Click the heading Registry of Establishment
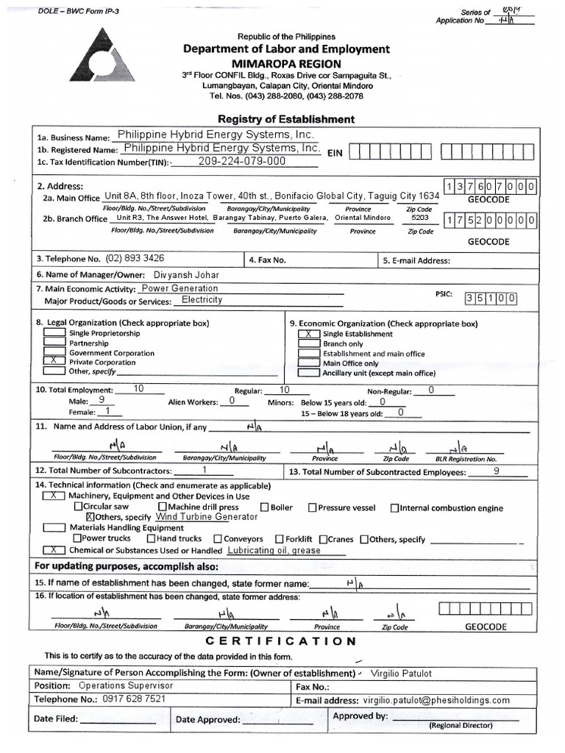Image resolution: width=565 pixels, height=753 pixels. pyautogui.click(x=285, y=119)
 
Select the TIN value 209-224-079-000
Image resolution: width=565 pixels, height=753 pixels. pyautogui.click(x=242, y=162)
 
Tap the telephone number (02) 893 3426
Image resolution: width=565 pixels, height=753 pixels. pyautogui.click(x=135, y=259)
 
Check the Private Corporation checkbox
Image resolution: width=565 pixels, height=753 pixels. pyautogui.click(x=54, y=362)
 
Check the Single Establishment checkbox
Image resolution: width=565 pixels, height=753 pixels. pyautogui.click(x=308, y=334)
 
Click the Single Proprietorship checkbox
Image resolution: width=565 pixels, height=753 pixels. pyautogui.click(x=54, y=333)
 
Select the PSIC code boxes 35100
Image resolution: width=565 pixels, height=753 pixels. pyautogui.click(x=490, y=299)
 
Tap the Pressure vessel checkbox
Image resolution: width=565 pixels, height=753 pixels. pyautogui.click(x=312, y=507)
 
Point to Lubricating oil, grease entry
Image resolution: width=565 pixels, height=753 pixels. pyautogui.click(x=274, y=550)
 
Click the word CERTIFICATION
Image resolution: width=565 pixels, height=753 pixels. pyautogui.click(x=281, y=641)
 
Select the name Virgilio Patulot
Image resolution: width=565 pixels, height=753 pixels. pyautogui.click(x=402, y=674)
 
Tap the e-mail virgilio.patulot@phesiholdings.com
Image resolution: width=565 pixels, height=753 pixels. pyautogui.click(x=436, y=701)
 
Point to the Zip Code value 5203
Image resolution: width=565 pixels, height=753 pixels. pyautogui.click(x=420, y=218)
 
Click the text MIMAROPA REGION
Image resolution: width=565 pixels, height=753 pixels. pyautogui.click(x=285, y=63)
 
